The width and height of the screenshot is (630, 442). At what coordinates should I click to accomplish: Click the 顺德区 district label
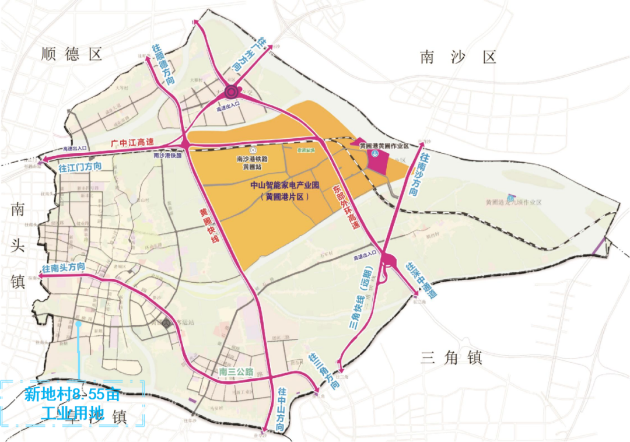[x=72, y=55]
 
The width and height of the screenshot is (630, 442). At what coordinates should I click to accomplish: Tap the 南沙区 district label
[x=457, y=57]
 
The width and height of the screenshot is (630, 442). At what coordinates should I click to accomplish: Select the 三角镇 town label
[x=452, y=357]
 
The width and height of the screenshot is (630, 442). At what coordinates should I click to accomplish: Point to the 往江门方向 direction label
[x=80, y=167]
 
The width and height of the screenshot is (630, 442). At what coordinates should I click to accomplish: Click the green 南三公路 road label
[x=236, y=371]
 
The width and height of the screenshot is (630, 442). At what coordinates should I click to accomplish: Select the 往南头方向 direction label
[x=64, y=267]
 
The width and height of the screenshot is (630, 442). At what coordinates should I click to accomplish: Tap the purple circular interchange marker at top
[x=231, y=92]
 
